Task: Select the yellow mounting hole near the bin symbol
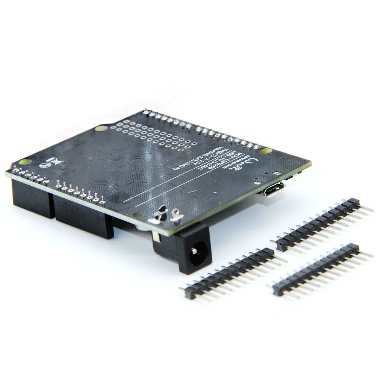pos(25,162)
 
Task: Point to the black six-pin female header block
pos(29,197)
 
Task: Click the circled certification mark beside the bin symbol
pos(45,165)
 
